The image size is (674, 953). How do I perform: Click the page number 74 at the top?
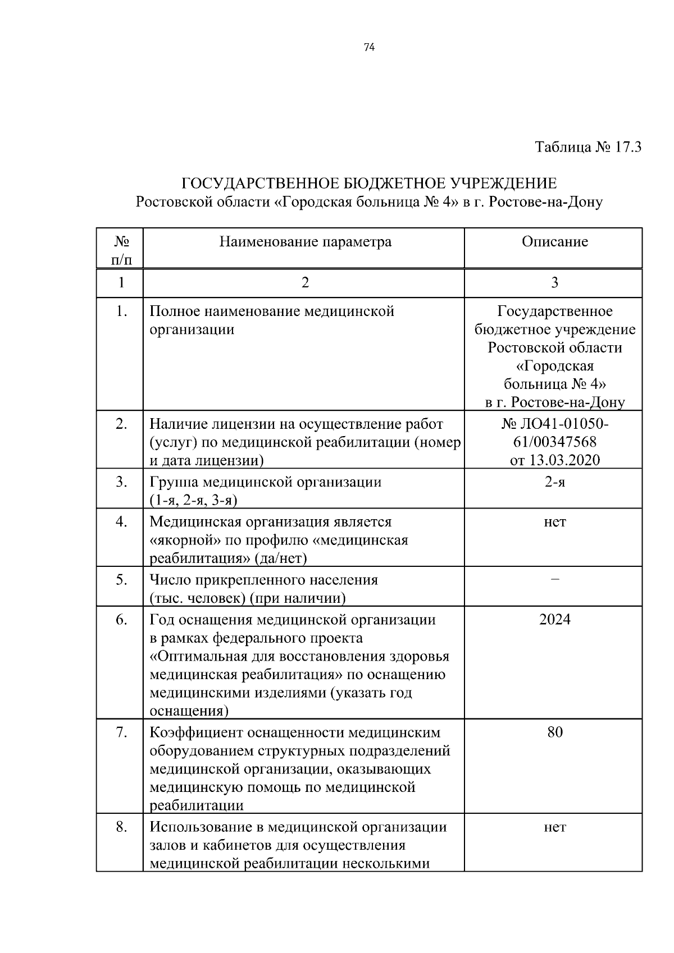tap(369, 47)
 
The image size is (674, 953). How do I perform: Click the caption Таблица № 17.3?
tap(588, 148)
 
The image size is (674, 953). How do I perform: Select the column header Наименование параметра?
tap(305, 242)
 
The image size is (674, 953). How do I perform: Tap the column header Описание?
tap(554, 242)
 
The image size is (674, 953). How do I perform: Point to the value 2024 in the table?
tap(554, 620)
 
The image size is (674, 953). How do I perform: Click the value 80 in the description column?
tap(554, 732)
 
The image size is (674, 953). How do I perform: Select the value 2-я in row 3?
tap(554, 482)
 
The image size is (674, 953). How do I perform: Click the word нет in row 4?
tap(554, 522)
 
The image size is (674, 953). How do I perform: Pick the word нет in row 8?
tap(554, 827)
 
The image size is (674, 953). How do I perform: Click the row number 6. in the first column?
tap(121, 620)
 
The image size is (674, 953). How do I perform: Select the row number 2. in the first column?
tap(121, 424)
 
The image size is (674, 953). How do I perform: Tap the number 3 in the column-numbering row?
tap(554, 282)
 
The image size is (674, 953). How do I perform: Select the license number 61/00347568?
tap(554, 442)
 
